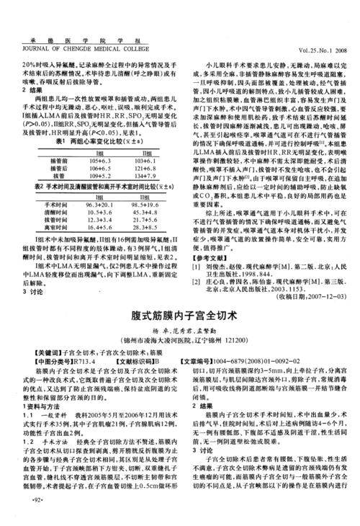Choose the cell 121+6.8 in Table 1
coord(143,169)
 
